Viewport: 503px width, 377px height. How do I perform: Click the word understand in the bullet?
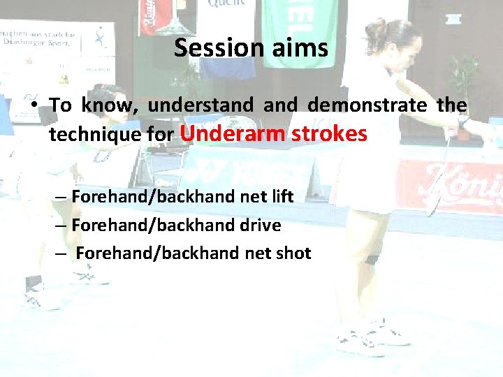pyautogui.click(x=201, y=105)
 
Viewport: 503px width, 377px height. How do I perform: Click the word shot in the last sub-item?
pyautogui.click(x=293, y=253)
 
